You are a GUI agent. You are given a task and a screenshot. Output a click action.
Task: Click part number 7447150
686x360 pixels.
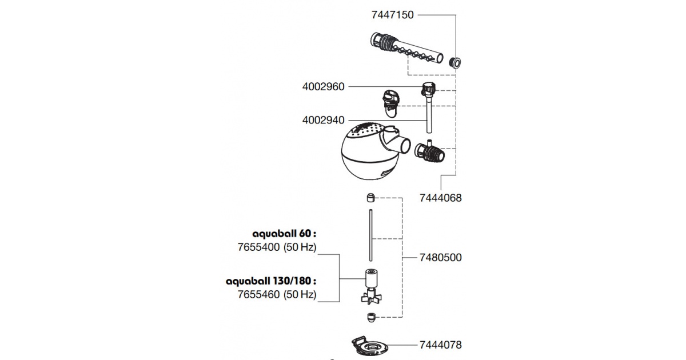point(392,15)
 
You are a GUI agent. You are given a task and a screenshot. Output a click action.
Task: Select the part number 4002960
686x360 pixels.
point(323,87)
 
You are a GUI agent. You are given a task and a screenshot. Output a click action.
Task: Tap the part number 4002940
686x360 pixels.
point(323,120)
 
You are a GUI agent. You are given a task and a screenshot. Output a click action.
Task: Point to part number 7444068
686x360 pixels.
point(440,198)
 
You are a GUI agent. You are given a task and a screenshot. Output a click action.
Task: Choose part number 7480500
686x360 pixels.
point(440,258)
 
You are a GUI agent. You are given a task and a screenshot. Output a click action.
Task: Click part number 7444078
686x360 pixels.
point(440,345)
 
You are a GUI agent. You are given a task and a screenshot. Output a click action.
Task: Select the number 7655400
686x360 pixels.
point(259,247)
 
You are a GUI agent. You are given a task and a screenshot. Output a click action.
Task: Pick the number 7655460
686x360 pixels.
point(259,294)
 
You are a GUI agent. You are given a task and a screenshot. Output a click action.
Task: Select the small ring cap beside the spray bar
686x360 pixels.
point(455,63)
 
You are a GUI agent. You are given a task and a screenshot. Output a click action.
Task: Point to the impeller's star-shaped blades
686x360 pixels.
point(372,298)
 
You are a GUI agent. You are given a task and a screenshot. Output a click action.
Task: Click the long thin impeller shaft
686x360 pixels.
point(371,235)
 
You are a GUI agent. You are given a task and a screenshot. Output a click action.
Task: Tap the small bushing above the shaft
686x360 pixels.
point(371,198)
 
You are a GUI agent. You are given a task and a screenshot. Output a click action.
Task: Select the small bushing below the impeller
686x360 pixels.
point(371,318)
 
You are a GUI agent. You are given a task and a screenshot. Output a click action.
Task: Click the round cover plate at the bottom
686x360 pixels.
point(370,345)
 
